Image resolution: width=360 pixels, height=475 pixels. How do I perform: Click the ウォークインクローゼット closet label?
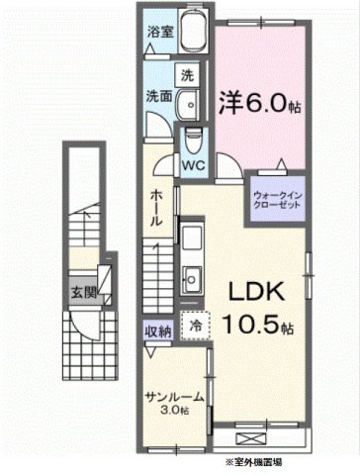[279, 187]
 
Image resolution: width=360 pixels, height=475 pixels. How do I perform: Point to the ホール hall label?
[157, 209]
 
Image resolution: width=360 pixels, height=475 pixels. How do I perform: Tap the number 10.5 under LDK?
[249, 326]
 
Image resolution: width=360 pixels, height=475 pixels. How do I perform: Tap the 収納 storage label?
[158, 330]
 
